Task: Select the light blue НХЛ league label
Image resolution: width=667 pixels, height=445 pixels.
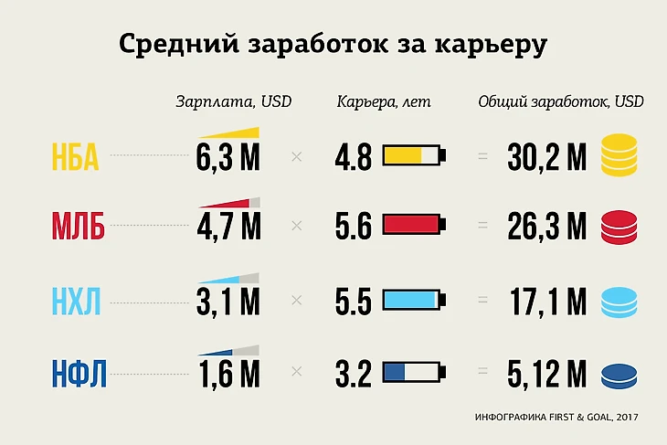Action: pos(78,301)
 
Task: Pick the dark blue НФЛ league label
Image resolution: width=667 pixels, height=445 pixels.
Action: pos(78,374)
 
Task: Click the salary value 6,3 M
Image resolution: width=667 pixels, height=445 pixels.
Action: pos(228,158)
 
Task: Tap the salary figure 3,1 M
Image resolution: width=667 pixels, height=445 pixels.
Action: pos(228,302)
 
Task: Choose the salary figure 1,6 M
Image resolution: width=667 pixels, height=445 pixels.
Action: pos(228,374)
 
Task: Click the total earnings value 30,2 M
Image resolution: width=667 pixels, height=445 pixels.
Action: pos(547,158)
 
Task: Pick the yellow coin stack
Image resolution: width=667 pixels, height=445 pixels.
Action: pos(619,154)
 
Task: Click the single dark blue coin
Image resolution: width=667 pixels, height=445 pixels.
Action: pos(619,376)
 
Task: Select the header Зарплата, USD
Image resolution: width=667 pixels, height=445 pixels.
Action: pos(234,101)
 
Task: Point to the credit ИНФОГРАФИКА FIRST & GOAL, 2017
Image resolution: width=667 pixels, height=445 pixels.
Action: pos(556,418)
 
